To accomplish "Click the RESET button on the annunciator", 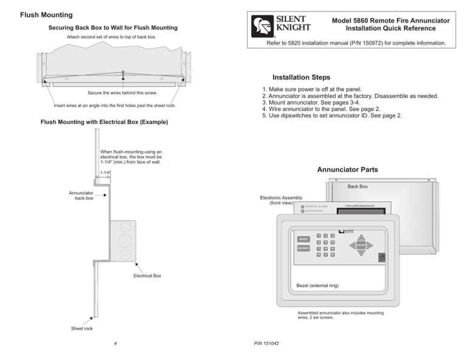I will pyautogui.click(x=303, y=239).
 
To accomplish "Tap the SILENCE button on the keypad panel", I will pyautogui.click(x=303, y=249).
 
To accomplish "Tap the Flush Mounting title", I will pyautogui.click(x=46, y=14).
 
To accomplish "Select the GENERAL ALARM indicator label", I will pyautogui.click(x=316, y=206).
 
